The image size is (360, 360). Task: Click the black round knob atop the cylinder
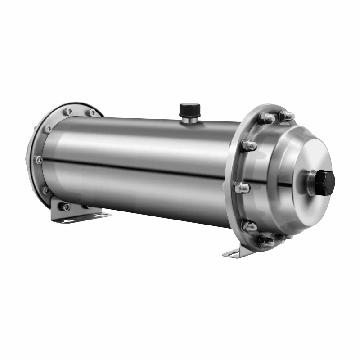point(189,109)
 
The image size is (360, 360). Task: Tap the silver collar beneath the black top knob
point(189,119)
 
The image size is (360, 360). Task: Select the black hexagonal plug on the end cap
point(324,183)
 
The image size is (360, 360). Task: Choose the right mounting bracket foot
point(236,253)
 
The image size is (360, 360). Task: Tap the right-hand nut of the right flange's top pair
point(286,117)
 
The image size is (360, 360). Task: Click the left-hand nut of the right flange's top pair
point(265,118)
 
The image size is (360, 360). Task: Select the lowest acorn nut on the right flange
point(266,243)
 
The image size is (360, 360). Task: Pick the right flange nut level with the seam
point(242,188)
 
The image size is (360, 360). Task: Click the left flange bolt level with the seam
point(40,160)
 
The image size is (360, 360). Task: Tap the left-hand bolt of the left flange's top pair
point(67,111)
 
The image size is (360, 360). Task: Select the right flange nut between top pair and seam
point(248,145)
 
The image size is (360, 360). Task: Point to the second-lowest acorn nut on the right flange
point(249,225)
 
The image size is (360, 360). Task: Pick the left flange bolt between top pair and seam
point(48,129)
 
